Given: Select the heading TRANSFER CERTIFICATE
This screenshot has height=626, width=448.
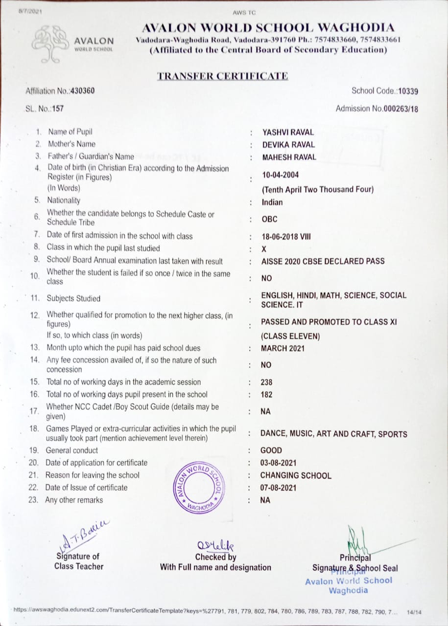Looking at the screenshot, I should (x=222, y=76).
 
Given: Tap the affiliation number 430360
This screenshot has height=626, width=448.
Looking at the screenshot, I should (x=83, y=90).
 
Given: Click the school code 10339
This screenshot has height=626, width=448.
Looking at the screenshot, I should (x=408, y=91).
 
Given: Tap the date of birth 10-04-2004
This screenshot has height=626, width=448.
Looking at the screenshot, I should (x=281, y=175).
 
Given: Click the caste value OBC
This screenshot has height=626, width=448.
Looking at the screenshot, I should (x=269, y=220).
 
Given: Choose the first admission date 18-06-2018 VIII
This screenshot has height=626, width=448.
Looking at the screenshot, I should (x=286, y=237).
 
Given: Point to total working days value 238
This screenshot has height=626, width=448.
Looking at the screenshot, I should (x=267, y=382).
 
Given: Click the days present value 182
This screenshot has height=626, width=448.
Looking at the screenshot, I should (x=267, y=395).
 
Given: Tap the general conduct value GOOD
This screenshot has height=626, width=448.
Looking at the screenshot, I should (x=271, y=450).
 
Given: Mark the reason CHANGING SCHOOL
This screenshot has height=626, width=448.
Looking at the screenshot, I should (x=296, y=475).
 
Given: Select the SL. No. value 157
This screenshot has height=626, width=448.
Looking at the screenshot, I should (x=58, y=108).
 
